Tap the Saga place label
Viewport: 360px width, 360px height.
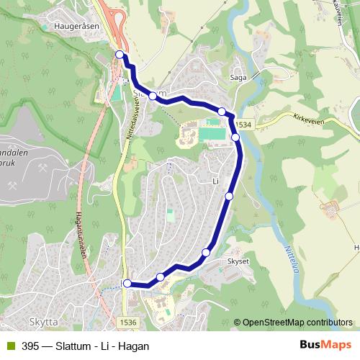(x=238, y=77)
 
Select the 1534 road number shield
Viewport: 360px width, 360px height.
(x=243, y=125)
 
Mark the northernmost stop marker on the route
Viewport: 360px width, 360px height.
(x=120, y=55)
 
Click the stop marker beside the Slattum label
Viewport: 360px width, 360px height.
(x=153, y=95)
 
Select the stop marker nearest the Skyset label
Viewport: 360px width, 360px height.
(x=207, y=252)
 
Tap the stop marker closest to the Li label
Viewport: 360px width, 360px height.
(x=230, y=196)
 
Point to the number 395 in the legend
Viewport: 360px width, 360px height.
(x=30, y=346)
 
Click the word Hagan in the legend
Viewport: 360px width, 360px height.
(x=135, y=346)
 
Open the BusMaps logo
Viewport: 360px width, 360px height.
(x=325, y=346)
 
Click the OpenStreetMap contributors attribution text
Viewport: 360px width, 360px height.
(x=297, y=323)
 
